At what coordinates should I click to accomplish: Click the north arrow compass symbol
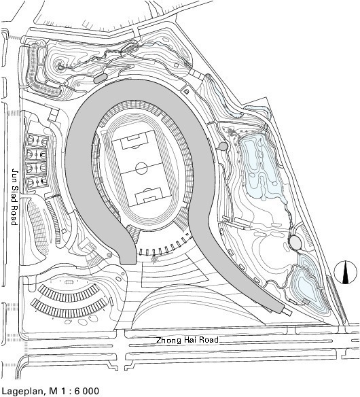click(x=345, y=273)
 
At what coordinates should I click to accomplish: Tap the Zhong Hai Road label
click(x=187, y=340)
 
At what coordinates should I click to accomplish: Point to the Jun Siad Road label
click(x=15, y=196)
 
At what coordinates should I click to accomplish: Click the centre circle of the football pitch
click(x=141, y=168)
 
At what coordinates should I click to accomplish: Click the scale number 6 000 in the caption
click(x=87, y=391)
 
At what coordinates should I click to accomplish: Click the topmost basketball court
click(x=37, y=140)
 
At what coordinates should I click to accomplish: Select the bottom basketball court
click(x=37, y=182)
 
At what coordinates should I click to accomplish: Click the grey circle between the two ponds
click(x=295, y=242)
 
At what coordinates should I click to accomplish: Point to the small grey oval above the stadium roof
click(x=100, y=78)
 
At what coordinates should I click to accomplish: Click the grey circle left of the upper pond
click(x=223, y=146)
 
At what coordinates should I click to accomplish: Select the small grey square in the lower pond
click(x=306, y=302)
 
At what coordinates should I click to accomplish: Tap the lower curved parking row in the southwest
click(x=69, y=309)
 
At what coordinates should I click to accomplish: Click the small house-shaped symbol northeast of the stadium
click(x=186, y=91)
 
